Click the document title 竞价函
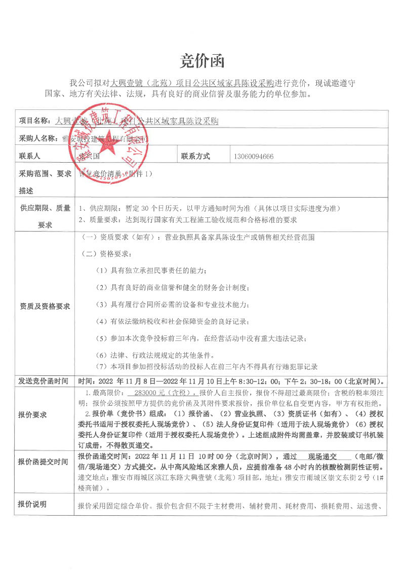pos(202,61)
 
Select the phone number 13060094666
pos(255,157)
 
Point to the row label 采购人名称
pos(37,138)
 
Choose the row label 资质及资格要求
pos(45,306)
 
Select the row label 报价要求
pos(32,414)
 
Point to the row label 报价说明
pos(32,504)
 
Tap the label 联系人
pos(29,157)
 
